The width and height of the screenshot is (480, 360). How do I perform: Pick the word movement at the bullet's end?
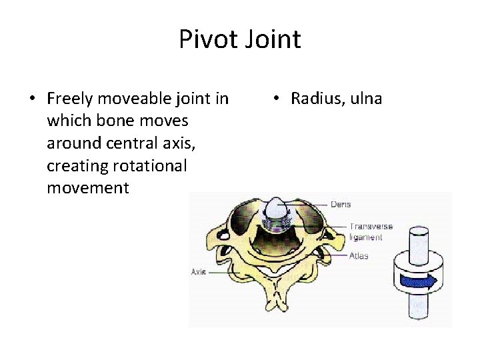[x=87, y=187]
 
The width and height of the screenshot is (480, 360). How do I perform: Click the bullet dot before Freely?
[x=32, y=100]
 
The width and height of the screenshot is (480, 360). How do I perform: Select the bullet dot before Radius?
[x=275, y=100]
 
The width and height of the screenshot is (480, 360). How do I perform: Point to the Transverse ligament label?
[x=370, y=231]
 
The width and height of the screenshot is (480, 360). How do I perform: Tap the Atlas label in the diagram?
[x=359, y=255]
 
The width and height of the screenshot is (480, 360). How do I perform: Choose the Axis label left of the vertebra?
[x=199, y=272]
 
